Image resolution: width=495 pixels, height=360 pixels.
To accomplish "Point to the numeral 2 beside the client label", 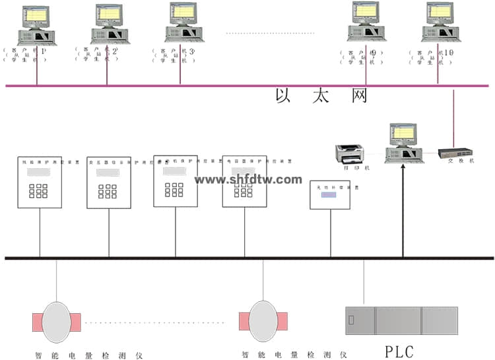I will point(115,51).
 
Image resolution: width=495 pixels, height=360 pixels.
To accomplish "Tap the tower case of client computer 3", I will point(183,34).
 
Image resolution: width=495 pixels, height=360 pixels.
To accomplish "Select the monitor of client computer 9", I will point(364,14).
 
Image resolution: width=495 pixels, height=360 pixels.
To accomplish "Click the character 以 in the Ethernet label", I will point(283,96).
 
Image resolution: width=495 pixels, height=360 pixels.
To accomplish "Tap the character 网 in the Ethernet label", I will point(359,96).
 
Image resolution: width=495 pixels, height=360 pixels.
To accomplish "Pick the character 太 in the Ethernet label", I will point(321,96).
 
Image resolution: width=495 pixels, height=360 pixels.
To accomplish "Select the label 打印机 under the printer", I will point(351,167).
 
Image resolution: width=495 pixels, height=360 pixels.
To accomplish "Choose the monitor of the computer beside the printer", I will point(402,135).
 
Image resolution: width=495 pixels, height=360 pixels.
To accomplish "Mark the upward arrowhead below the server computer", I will point(403,169).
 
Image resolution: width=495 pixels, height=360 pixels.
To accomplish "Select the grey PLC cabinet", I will point(402,320).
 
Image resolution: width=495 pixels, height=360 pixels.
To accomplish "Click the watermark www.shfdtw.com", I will point(248,179).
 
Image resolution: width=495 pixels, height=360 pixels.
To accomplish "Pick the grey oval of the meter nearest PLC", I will point(263,322).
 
